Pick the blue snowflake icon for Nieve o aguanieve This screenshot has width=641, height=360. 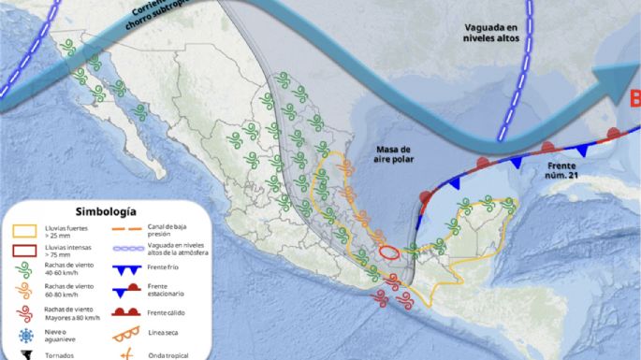(x=25, y=334)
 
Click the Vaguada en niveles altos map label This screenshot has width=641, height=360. (x=497, y=34)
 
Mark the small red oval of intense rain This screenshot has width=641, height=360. (x=389, y=252)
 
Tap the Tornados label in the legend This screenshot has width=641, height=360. (x=66, y=354)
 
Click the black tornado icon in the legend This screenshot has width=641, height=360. (x=25, y=354)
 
